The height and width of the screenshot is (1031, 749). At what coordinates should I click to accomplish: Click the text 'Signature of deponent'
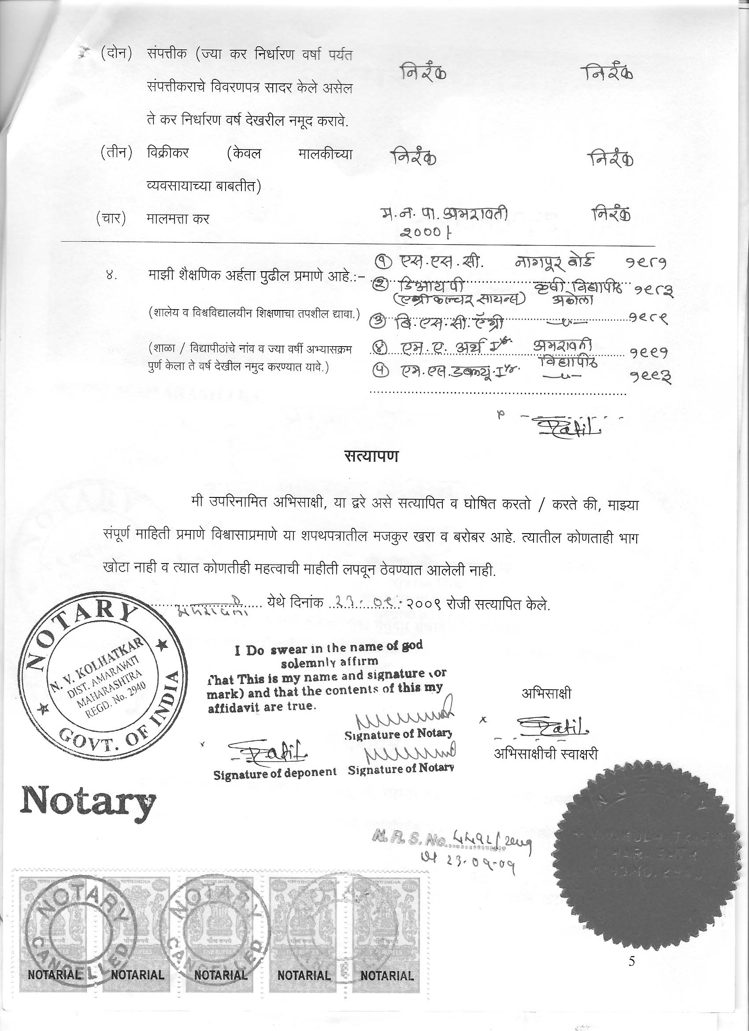tap(275, 774)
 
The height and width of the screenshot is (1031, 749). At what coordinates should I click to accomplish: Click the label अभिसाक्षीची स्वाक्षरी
tap(545, 754)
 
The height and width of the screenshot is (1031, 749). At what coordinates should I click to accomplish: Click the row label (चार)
tap(111, 219)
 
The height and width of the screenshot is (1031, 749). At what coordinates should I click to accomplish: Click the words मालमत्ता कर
tap(178, 219)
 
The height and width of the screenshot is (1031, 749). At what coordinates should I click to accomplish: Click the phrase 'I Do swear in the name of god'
tap(328, 649)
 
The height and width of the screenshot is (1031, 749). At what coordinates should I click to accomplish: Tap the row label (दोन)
tap(116, 54)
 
